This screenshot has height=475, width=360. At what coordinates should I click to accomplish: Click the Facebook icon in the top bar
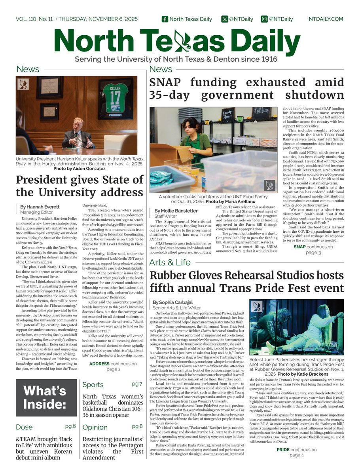(165, 19)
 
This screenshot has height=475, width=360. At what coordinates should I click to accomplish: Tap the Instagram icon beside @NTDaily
(264, 19)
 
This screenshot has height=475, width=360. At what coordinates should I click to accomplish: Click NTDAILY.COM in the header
(326, 19)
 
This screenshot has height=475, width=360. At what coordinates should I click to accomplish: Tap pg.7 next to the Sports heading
(137, 384)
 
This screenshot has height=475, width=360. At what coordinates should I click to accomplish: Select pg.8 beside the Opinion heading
(137, 426)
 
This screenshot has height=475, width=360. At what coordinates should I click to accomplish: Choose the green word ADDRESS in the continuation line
(102, 364)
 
